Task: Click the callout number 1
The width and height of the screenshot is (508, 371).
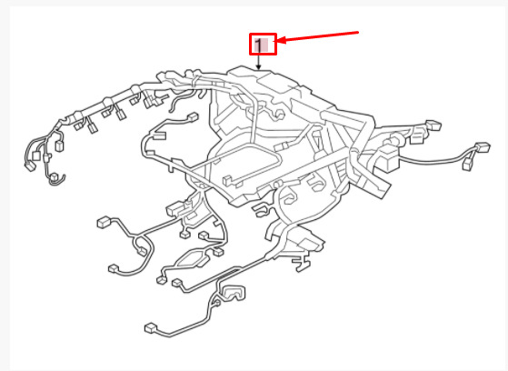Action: pyautogui.click(x=258, y=45)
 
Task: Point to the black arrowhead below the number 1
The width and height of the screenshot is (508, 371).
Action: pyautogui.click(x=258, y=67)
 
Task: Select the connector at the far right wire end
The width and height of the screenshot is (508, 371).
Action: pyautogui.click(x=483, y=147)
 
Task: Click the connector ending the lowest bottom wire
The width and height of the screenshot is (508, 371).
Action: pyautogui.click(x=151, y=328)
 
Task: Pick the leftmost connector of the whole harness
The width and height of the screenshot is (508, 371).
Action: pyautogui.click(x=30, y=167)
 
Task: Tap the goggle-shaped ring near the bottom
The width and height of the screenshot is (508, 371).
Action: pyautogui.click(x=234, y=293)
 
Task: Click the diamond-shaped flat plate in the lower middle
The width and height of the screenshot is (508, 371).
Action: pyautogui.click(x=193, y=258)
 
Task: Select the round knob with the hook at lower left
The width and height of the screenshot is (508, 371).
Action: pyautogui.click(x=55, y=179)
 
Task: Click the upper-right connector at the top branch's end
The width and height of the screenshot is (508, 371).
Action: pyautogui.click(x=433, y=125)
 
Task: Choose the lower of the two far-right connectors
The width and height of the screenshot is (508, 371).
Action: pyautogui.click(x=469, y=165)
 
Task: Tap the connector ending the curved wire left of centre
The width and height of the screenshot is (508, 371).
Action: pyautogui.click(x=194, y=117)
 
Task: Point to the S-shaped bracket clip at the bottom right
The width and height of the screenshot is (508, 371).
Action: pyautogui.click(x=302, y=263)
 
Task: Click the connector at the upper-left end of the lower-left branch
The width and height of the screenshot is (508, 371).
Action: pyautogui.click(x=104, y=222)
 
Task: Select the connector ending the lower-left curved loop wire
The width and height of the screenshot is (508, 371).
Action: pyautogui.click(x=113, y=268)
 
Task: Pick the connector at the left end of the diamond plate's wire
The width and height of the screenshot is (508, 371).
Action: pyautogui.click(x=161, y=279)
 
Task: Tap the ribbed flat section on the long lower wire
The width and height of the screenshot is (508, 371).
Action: pyautogui.click(x=230, y=272)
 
